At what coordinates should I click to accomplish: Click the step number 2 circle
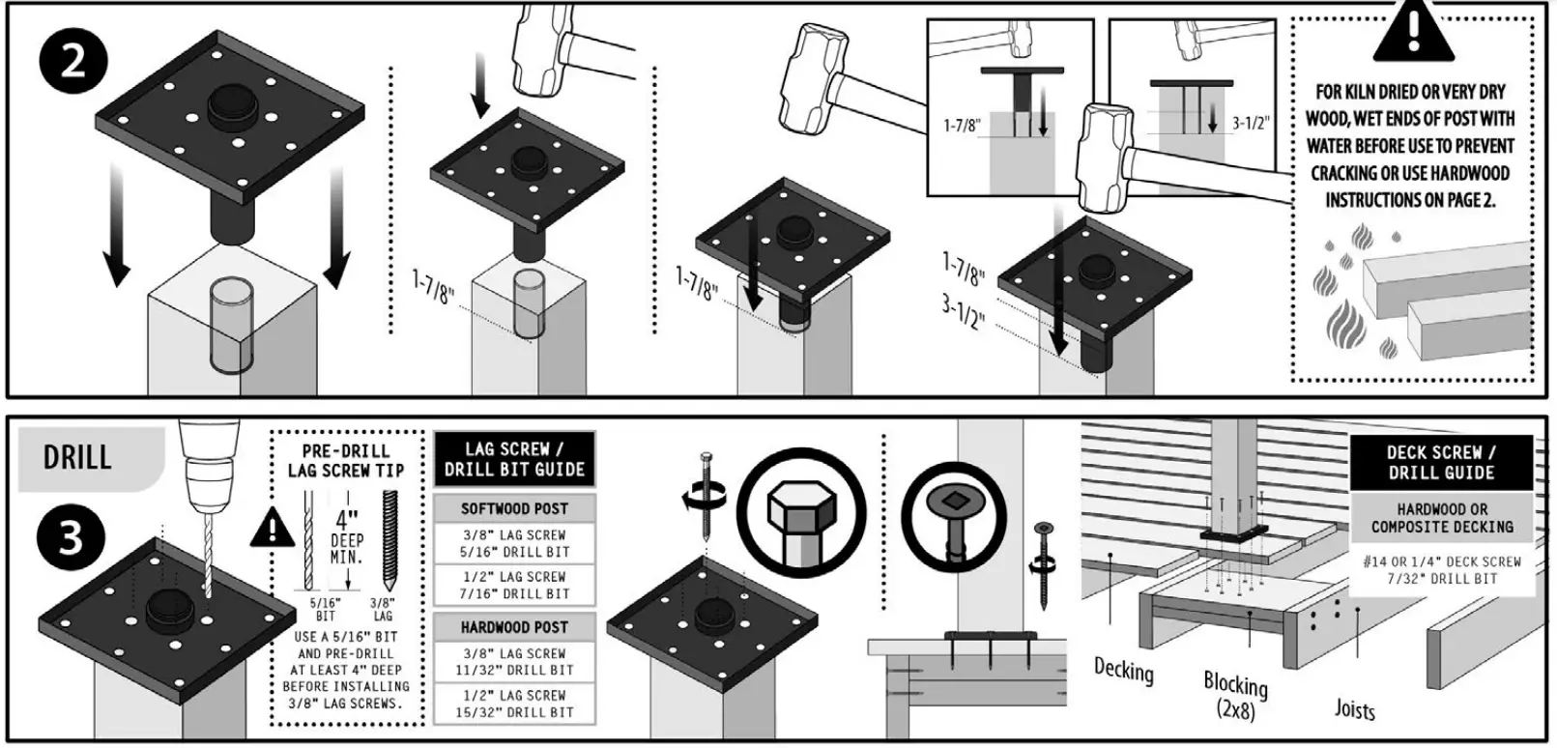coord(72,64)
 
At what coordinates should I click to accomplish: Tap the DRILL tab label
coord(77,457)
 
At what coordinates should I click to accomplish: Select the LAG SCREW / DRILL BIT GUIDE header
coord(514,460)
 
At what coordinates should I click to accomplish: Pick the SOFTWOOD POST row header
coord(514,508)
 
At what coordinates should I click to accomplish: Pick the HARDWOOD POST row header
coord(514,627)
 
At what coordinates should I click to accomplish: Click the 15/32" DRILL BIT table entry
coord(514,713)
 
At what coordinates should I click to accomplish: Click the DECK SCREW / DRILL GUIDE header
coord(1441,463)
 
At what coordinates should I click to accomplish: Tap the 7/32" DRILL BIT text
coord(1441,579)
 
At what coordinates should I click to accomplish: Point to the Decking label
coord(1123,670)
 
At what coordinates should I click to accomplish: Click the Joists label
coord(1354,709)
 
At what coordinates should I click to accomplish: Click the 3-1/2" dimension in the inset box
coord(1250,124)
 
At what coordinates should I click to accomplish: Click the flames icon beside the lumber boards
coord(1346,290)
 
